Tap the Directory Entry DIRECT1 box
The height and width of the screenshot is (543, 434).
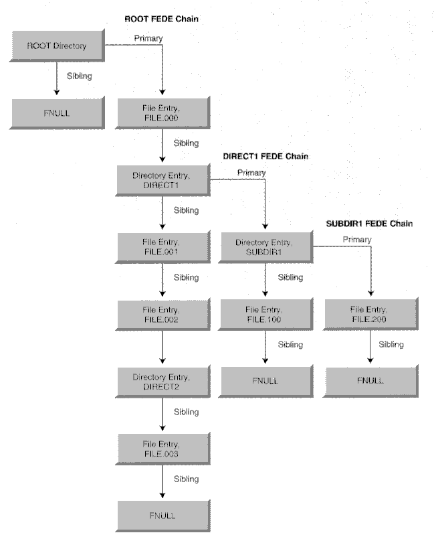pos(162,179)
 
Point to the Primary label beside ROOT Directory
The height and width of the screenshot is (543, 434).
pos(148,38)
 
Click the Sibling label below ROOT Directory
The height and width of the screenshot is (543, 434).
pos(79,76)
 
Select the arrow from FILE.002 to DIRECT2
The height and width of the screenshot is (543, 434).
pos(162,349)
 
